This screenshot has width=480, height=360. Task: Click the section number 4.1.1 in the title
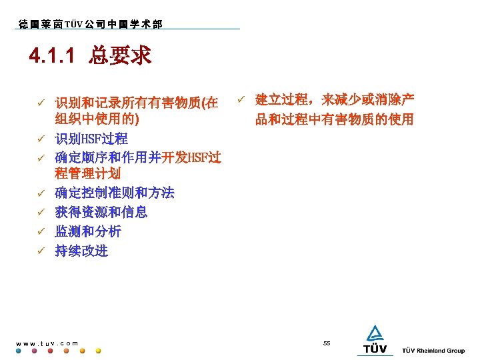click(52, 56)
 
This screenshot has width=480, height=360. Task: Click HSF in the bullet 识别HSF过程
click(91, 139)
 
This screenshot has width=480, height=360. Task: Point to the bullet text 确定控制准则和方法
click(115, 193)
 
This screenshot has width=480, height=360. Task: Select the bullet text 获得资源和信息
click(101, 213)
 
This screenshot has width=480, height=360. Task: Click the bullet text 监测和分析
click(88, 232)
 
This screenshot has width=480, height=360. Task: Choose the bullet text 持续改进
click(81, 251)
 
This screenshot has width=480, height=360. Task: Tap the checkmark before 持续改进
click(41, 252)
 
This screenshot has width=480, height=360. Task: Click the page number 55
click(327, 343)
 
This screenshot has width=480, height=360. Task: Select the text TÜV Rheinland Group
click(433, 351)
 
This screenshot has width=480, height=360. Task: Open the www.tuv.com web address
click(47, 343)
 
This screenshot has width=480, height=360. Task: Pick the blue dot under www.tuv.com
click(19, 351)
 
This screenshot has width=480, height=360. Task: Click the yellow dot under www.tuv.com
click(98, 351)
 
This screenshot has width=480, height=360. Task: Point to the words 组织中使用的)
click(97, 120)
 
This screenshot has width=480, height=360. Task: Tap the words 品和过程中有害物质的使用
click(334, 120)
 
